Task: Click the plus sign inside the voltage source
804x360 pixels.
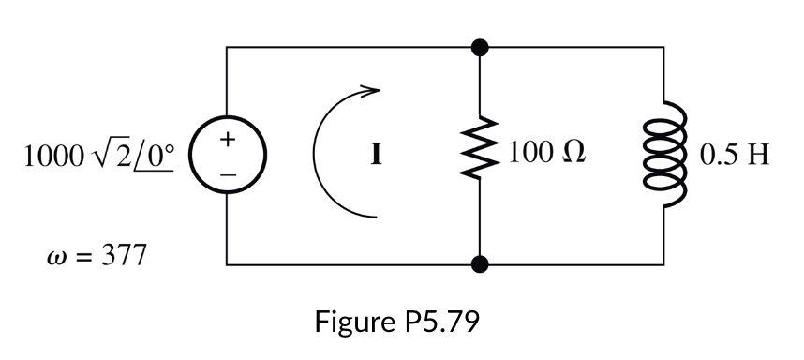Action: click(x=227, y=139)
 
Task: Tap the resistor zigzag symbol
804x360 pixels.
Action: click(x=480, y=154)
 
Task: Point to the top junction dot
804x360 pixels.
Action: click(x=480, y=45)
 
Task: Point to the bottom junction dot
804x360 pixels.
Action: click(x=480, y=265)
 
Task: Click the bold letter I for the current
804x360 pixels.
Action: click(x=376, y=155)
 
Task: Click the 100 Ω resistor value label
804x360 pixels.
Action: click(x=548, y=154)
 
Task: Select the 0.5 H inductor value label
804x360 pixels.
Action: click(x=736, y=154)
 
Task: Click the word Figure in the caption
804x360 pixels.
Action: click(x=351, y=323)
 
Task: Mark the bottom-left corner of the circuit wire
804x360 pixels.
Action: click(x=227, y=265)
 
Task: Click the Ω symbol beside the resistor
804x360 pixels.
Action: click(x=574, y=154)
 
